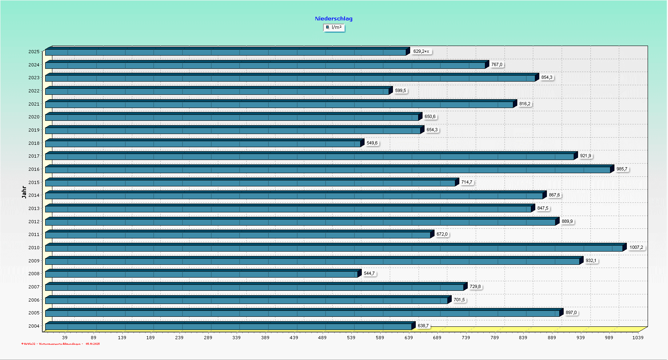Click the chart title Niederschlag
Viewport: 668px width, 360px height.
coord(333,18)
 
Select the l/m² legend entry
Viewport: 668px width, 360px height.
coord(334,28)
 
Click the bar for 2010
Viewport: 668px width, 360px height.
coord(334,248)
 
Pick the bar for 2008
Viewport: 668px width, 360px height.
coord(201,274)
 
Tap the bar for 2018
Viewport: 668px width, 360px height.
coord(203,144)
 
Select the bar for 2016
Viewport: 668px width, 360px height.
coord(328,170)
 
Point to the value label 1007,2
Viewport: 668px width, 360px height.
coord(636,247)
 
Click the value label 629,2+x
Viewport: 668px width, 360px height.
coord(421,51)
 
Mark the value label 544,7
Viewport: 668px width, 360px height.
coord(369,274)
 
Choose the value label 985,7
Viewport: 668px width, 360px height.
coord(622,169)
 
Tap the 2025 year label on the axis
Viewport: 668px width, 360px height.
coord(34,52)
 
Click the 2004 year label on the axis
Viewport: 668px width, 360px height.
coord(34,326)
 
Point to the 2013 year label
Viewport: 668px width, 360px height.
coord(34,208)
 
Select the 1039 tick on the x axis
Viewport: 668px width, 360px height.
coord(638,338)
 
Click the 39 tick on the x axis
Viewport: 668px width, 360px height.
coord(65,338)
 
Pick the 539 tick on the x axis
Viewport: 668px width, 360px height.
coord(351,338)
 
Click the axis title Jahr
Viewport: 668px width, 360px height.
coord(24,192)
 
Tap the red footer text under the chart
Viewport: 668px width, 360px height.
coord(60,344)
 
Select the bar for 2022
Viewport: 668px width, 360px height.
coord(217,91)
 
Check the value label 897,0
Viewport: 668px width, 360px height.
coord(571,313)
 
